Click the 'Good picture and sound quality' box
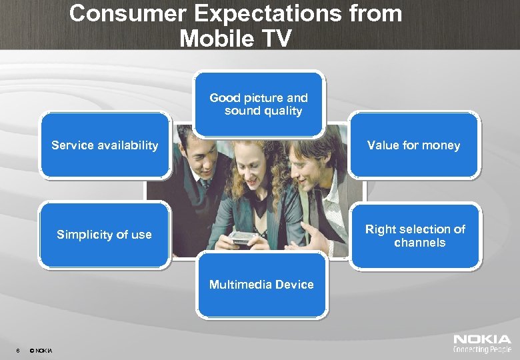(259, 104)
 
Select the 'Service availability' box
(105, 145)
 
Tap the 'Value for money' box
(414, 145)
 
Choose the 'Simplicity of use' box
(105, 235)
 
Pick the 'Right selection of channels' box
(415, 236)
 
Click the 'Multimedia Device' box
(261, 285)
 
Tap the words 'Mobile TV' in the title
(235, 39)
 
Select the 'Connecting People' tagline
(482, 349)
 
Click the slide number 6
(17, 351)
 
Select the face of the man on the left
(199, 153)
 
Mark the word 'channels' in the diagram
(419, 243)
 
